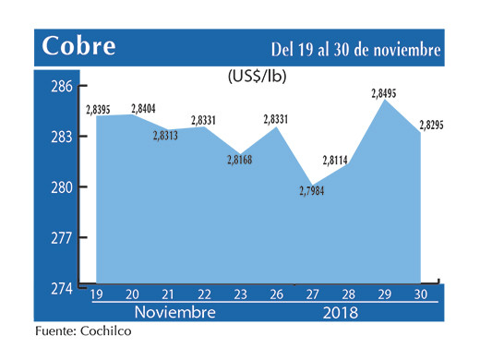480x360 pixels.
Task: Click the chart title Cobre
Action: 78,46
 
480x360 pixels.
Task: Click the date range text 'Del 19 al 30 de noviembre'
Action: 355,48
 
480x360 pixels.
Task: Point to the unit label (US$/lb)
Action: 257,78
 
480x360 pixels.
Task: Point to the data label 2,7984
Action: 312,192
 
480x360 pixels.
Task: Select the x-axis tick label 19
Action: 96,294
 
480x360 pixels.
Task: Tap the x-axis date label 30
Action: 421,294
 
